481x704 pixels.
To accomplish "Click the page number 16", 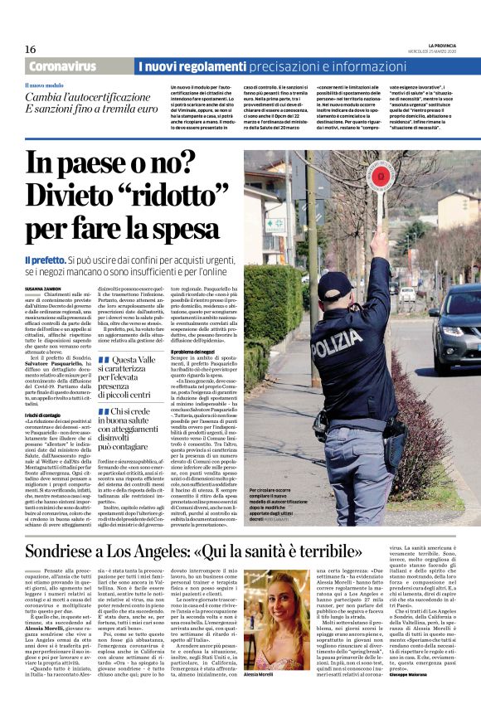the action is coord(31,49).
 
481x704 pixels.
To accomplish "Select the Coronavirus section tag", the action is coord(62,66).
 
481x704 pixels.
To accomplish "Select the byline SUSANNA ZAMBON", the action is coord(44,286).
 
